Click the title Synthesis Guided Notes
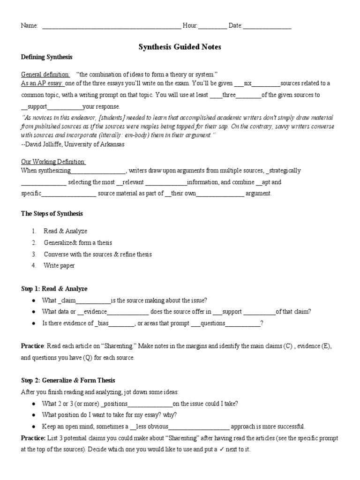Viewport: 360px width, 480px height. point(180,47)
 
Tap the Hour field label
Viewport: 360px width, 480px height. point(190,26)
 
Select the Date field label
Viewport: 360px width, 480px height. point(235,26)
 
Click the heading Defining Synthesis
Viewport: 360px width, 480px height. point(47,57)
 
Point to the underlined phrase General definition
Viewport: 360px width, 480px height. point(45,75)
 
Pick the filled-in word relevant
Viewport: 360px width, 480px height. point(133,182)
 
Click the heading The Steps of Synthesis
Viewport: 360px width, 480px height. point(52,213)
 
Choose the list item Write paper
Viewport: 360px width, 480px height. point(59,265)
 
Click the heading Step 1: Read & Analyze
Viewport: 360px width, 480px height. point(54,289)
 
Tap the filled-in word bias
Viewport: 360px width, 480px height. point(103,323)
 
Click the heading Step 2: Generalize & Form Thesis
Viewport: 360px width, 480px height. point(68,380)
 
